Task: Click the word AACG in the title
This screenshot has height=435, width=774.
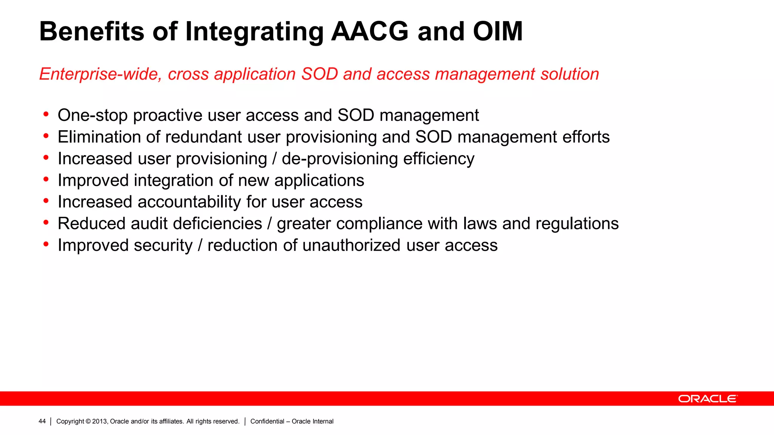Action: pos(370,31)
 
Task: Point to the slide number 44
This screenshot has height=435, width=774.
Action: pos(42,421)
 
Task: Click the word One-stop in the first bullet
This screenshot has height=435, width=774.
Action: pos(92,116)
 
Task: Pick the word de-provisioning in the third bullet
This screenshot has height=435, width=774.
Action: pos(339,159)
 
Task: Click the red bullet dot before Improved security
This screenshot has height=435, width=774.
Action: pos(46,244)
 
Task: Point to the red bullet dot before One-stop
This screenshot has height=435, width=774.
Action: pos(46,114)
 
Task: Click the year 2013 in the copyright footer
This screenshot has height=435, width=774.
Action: pos(100,421)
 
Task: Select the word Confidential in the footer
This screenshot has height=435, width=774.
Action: pos(267,421)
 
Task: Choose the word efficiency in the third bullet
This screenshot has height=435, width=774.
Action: pos(438,159)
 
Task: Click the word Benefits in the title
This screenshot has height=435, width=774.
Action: pos(91,31)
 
